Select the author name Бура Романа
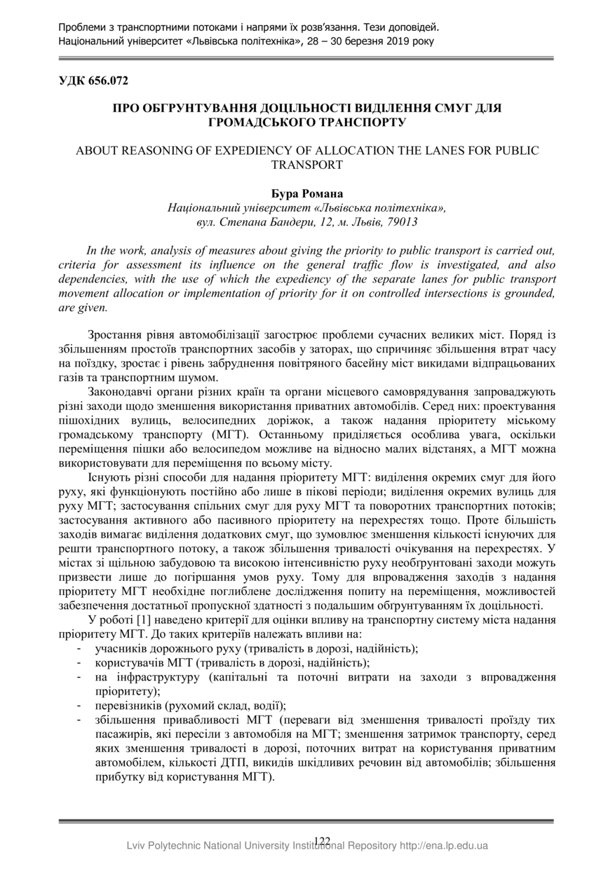(306, 193)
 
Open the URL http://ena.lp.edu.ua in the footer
(443, 847)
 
